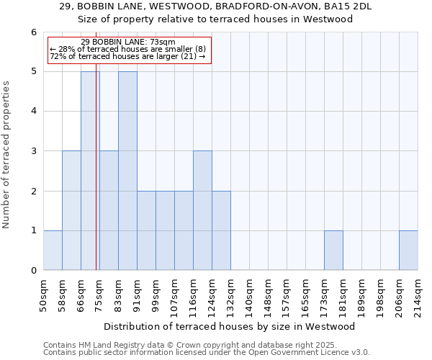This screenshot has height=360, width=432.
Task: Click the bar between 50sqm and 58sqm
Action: (x=53, y=250)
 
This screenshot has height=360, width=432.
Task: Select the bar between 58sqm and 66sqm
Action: (x=71, y=210)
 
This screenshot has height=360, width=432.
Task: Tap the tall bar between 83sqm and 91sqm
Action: (x=127, y=171)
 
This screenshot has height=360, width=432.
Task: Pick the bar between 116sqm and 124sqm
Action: (x=202, y=210)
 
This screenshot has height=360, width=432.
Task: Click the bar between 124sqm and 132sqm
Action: (x=221, y=230)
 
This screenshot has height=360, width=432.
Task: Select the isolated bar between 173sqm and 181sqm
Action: (x=333, y=250)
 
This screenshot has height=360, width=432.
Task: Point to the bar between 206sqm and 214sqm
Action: (x=408, y=250)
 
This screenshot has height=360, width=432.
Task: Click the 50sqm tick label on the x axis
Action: (x=43, y=295)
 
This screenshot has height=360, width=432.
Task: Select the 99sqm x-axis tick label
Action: (x=156, y=295)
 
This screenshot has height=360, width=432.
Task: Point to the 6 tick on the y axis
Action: (x=33, y=32)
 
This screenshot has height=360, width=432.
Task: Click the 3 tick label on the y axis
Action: (x=33, y=151)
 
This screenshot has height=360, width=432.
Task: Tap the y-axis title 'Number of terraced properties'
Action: (x=7, y=155)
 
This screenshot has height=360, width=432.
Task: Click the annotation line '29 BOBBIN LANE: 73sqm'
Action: (x=128, y=42)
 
